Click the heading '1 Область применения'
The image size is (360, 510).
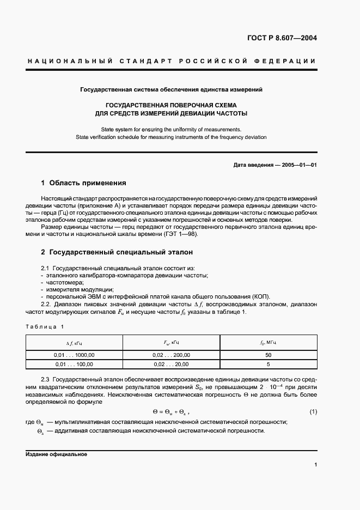pos(84,183)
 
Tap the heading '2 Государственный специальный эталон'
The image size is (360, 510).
pos(117,253)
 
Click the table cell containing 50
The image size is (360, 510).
pos(268,355)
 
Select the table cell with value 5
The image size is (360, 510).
pos(268,364)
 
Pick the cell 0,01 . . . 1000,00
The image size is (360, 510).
pos(74,355)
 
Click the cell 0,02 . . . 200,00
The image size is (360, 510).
pos(171,355)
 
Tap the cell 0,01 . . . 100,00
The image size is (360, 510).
pos(74,364)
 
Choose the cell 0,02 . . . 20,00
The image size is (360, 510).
pos(171,364)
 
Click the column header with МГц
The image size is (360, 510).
pos(268,343)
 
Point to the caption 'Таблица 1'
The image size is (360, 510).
pos(45,326)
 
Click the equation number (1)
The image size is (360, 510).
pos(313,411)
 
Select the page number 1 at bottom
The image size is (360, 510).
pos(315,465)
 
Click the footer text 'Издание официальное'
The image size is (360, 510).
pos(56,454)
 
